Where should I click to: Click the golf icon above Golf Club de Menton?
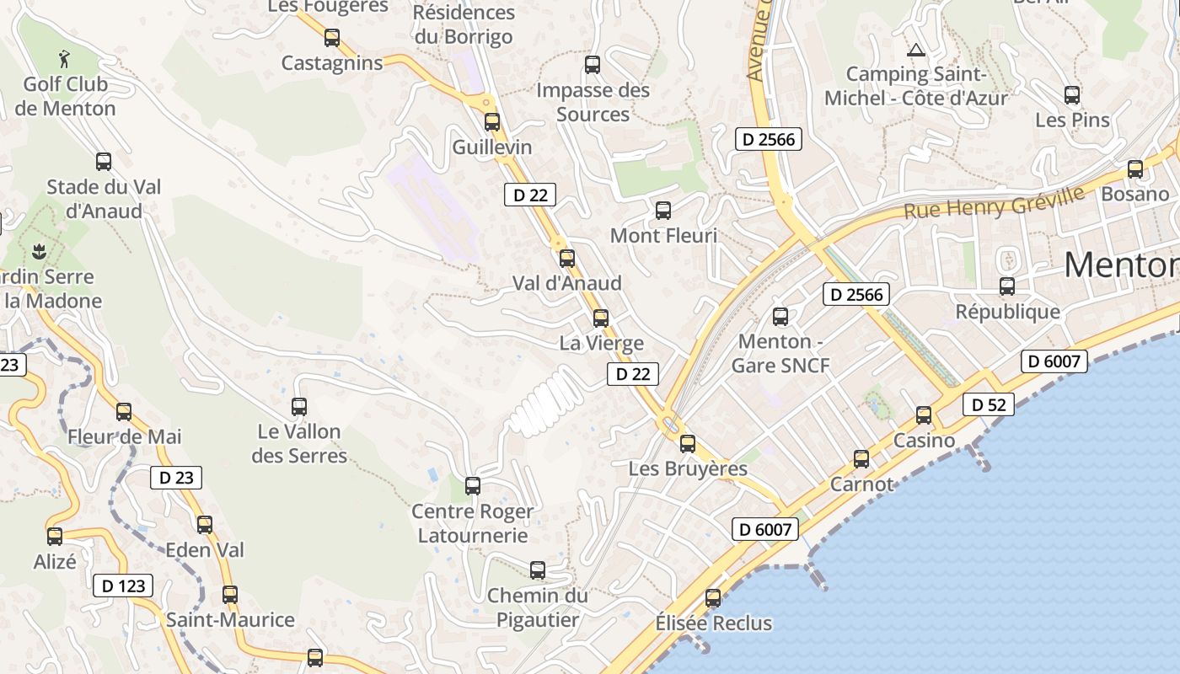click(x=65, y=59)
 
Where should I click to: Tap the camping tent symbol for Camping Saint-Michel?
click(x=916, y=51)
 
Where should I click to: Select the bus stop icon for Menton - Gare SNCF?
click(x=780, y=317)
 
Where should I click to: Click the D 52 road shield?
click(x=988, y=404)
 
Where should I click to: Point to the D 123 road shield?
click(x=124, y=586)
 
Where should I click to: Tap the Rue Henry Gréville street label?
click(x=994, y=202)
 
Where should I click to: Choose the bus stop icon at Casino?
click(x=924, y=415)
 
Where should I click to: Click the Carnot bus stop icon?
click(x=861, y=459)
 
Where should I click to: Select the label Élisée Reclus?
click(x=713, y=623)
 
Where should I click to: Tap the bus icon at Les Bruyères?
click(x=688, y=443)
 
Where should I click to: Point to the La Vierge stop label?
click(x=601, y=343)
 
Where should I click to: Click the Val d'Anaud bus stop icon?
click(x=567, y=259)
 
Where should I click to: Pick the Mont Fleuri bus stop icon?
click(x=663, y=211)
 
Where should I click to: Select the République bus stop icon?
click(x=1007, y=286)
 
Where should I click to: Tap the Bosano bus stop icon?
click(x=1135, y=169)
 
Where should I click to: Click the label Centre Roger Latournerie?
click(x=472, y=523)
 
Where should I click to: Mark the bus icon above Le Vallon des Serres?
click(x=298, y=407)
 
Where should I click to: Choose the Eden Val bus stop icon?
click(x=205, y=525)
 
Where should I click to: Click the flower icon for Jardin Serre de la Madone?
click(x=38, y=250)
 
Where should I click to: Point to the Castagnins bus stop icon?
click(x=332, y=38)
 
